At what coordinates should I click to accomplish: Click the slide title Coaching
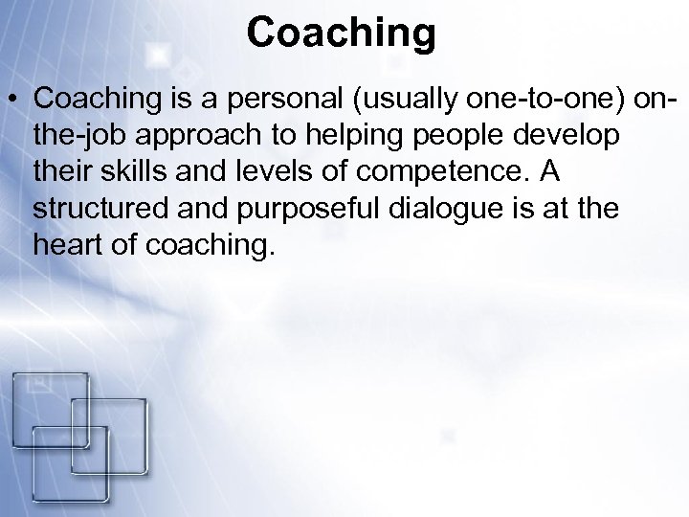click(341, 32)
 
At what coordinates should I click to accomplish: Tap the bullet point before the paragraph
click(14, 99)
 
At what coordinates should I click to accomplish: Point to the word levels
click(265, 172)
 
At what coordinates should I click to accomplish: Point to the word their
click(63, 172)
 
